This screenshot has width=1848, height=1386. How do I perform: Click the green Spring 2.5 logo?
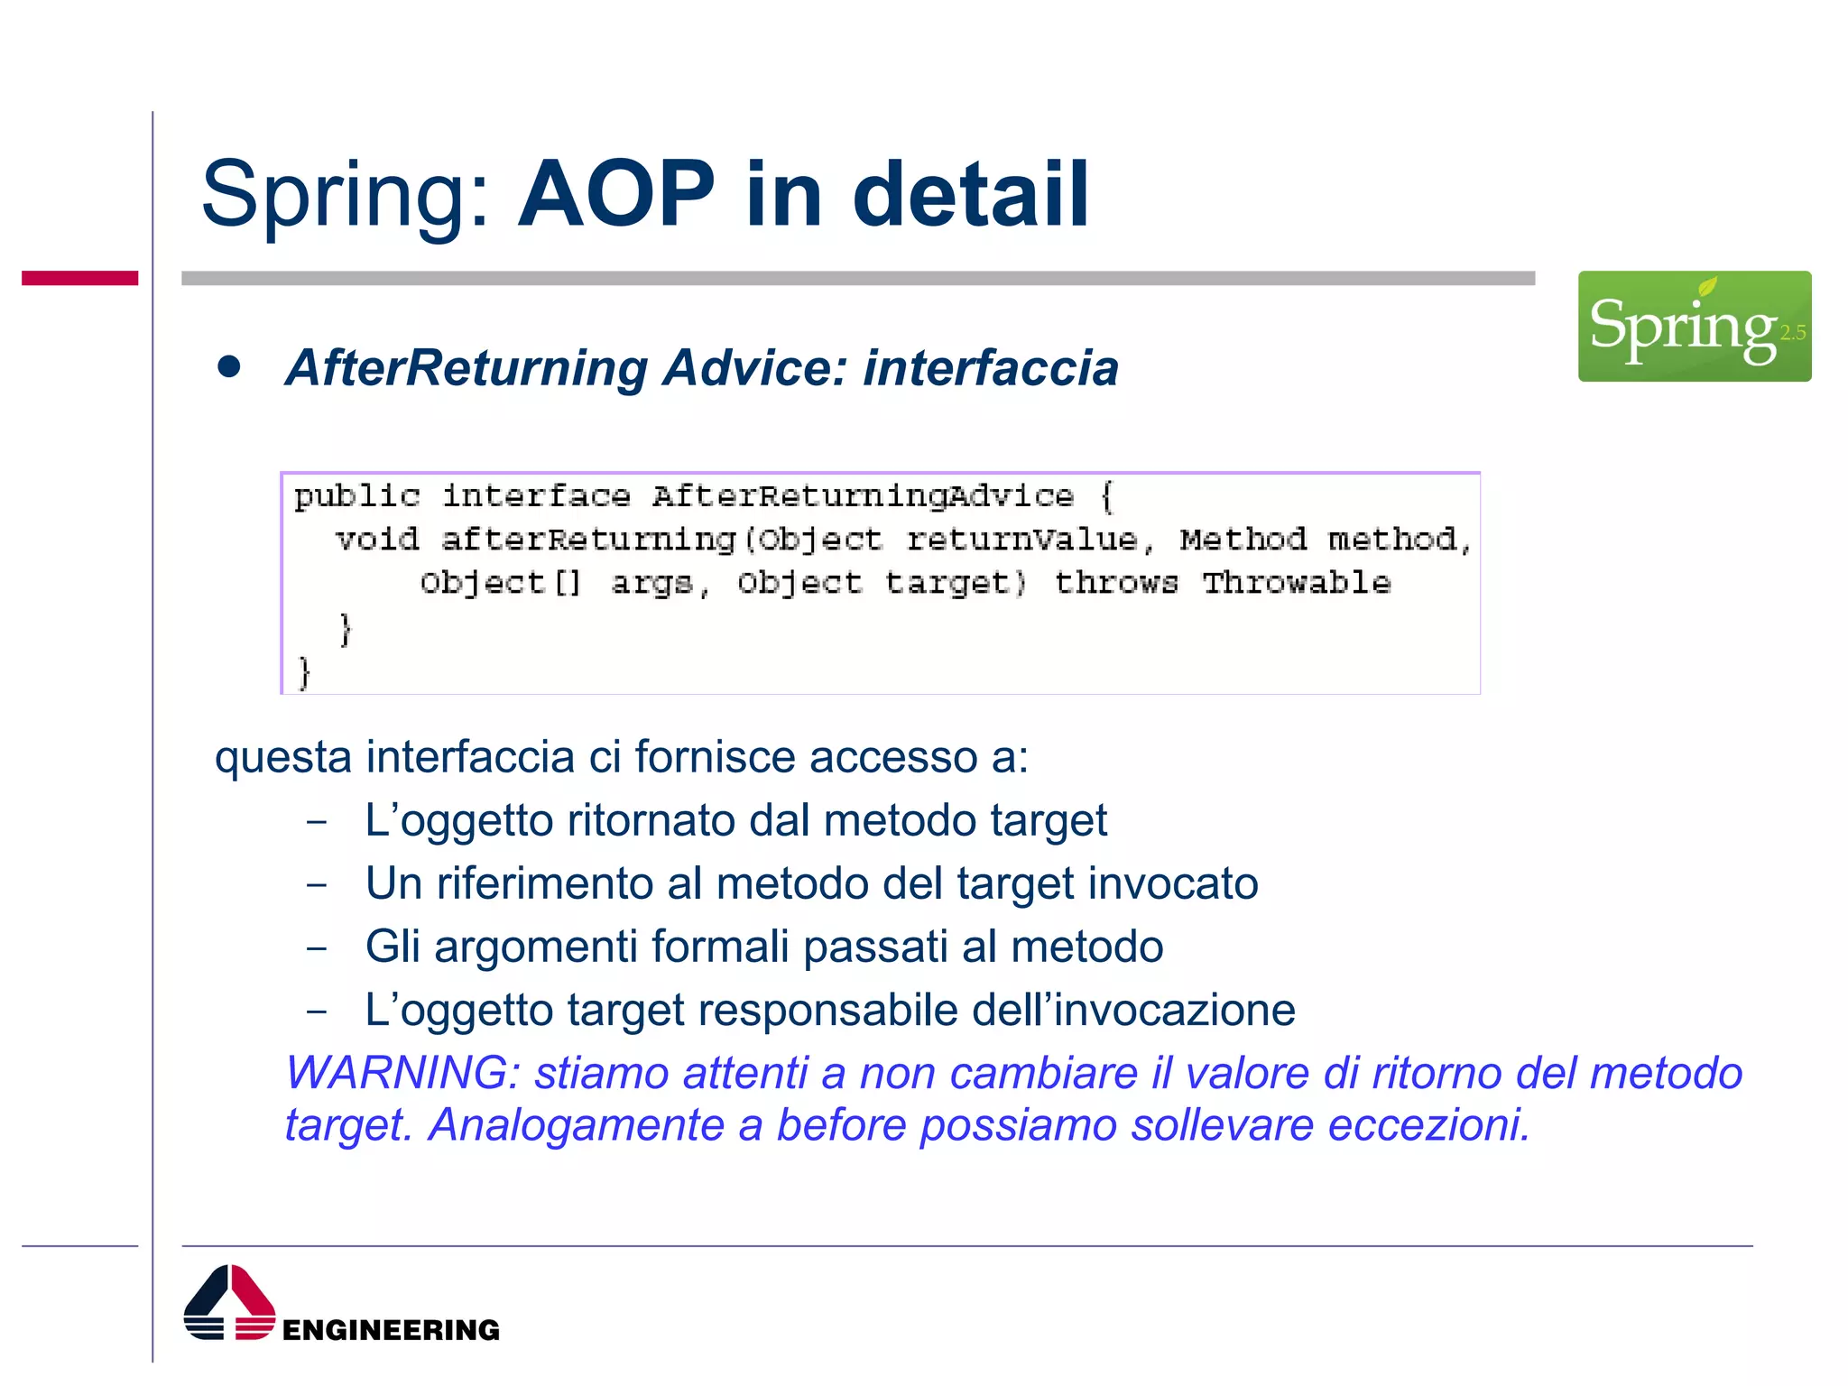(x=1694, y=326)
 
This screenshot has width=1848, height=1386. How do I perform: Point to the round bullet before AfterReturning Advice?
(x=229, y=366)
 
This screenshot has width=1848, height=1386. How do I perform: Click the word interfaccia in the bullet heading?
(x=990, y=368)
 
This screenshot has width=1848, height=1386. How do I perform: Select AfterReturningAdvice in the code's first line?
(x=863, y=495)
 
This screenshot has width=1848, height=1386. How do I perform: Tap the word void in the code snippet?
(x=377, y=540)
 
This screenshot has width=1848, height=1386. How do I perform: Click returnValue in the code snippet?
(x=1021, y=540)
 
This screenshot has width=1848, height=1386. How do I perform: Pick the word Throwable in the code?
(x=1296, y=583)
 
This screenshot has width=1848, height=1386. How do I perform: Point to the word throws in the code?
(x=1115, y=583)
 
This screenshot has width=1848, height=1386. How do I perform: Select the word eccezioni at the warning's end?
(x=1428, y=1125)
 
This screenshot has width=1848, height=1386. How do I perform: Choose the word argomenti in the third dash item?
(x=536, y=947)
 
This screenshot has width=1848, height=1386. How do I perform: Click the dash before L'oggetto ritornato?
(x=316, y=822)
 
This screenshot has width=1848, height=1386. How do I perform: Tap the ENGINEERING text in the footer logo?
(x=391, y=1329)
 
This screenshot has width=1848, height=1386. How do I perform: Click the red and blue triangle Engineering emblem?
(x=229, y=1302)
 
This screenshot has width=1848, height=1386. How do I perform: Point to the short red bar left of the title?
(x=79, y=278)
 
